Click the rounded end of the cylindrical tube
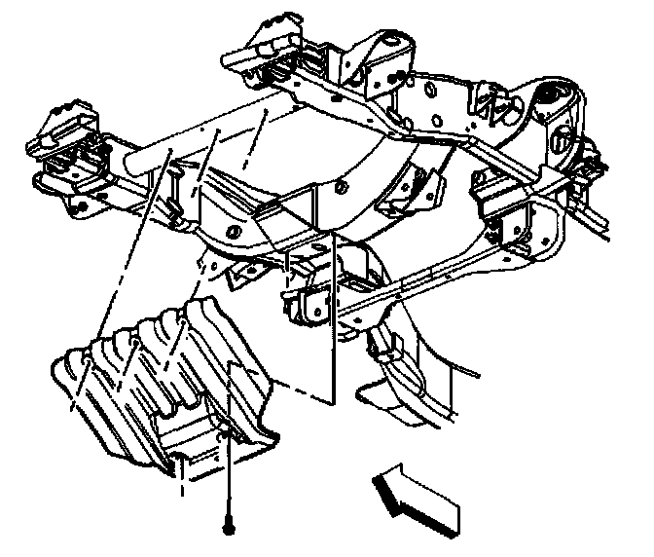tap(135, 161)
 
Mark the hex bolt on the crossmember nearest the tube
tap(235, 232)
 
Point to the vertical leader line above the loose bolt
tap(229, 477)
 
